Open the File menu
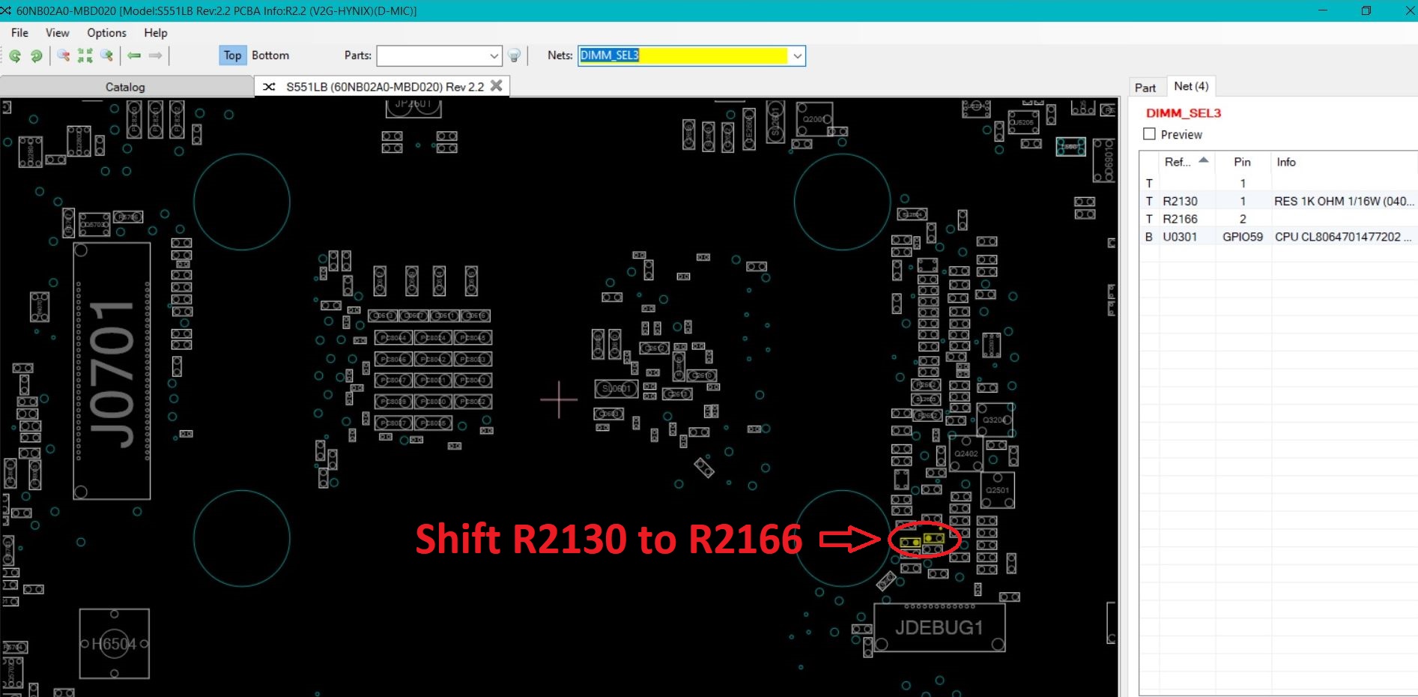(x=19, y=33)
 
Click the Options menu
(x=106, y=33)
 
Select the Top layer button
(x=232, y=55)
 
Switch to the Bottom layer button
(x=270, y=55)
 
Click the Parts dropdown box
(x=438, y=55)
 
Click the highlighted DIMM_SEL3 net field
(x=683, y=55)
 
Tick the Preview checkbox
(x=1149, y=134)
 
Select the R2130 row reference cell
(x=1180, y=201)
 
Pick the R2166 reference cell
(x=1180, y=219)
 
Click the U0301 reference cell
(x=1180, y=237)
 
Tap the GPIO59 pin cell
(x=1242, y=237)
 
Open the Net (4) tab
(x=1191, y=86)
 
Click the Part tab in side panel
(x=1145, y=88)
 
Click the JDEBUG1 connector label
(x=939, y=627)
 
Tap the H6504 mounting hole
(x=114, y=643)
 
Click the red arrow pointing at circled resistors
(x=849, y=538)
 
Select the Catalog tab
(x=125, y=87)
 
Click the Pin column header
(x=1242, y=162)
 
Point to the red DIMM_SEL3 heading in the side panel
(x=1184, y=113)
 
